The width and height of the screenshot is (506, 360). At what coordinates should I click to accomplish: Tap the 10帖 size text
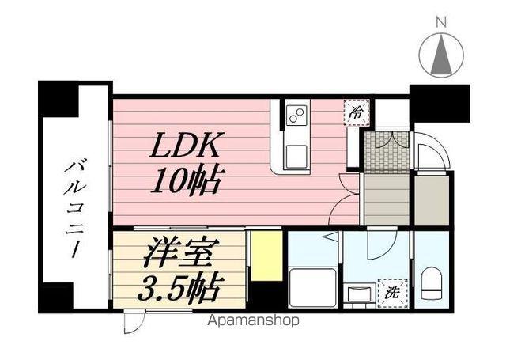(187, 182)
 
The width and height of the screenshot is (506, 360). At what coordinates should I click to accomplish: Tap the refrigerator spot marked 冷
(357, 113)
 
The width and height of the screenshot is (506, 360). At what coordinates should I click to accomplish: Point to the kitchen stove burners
(297, 116)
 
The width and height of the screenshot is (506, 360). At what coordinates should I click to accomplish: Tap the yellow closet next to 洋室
(266, 256)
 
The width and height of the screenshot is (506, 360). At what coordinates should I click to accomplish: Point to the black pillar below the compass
(440, 101)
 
